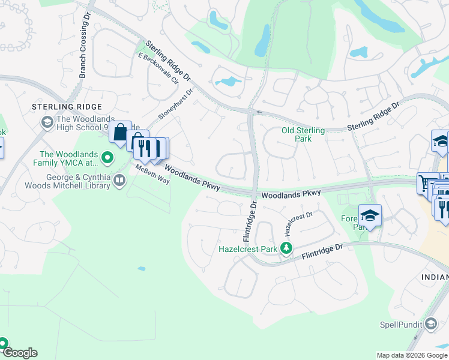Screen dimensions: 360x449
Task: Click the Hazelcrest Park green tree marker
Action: pos(287,248)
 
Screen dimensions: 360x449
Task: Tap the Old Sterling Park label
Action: pos(303,134)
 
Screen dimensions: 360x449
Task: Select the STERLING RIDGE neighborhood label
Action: pos(67,107)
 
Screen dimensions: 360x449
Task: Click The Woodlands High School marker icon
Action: pos(47,122)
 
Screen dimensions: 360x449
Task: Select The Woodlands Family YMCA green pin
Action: pos(107,158)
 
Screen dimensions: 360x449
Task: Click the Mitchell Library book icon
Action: pos(119,180)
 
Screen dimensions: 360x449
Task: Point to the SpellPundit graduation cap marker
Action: pos(430,324)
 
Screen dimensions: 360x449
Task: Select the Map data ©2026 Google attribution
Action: pos(412,355)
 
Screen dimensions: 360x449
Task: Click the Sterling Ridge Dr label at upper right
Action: pos(373,117)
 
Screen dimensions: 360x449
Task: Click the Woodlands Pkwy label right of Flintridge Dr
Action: pos(291,194)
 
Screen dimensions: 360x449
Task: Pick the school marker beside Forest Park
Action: pos(370,215)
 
